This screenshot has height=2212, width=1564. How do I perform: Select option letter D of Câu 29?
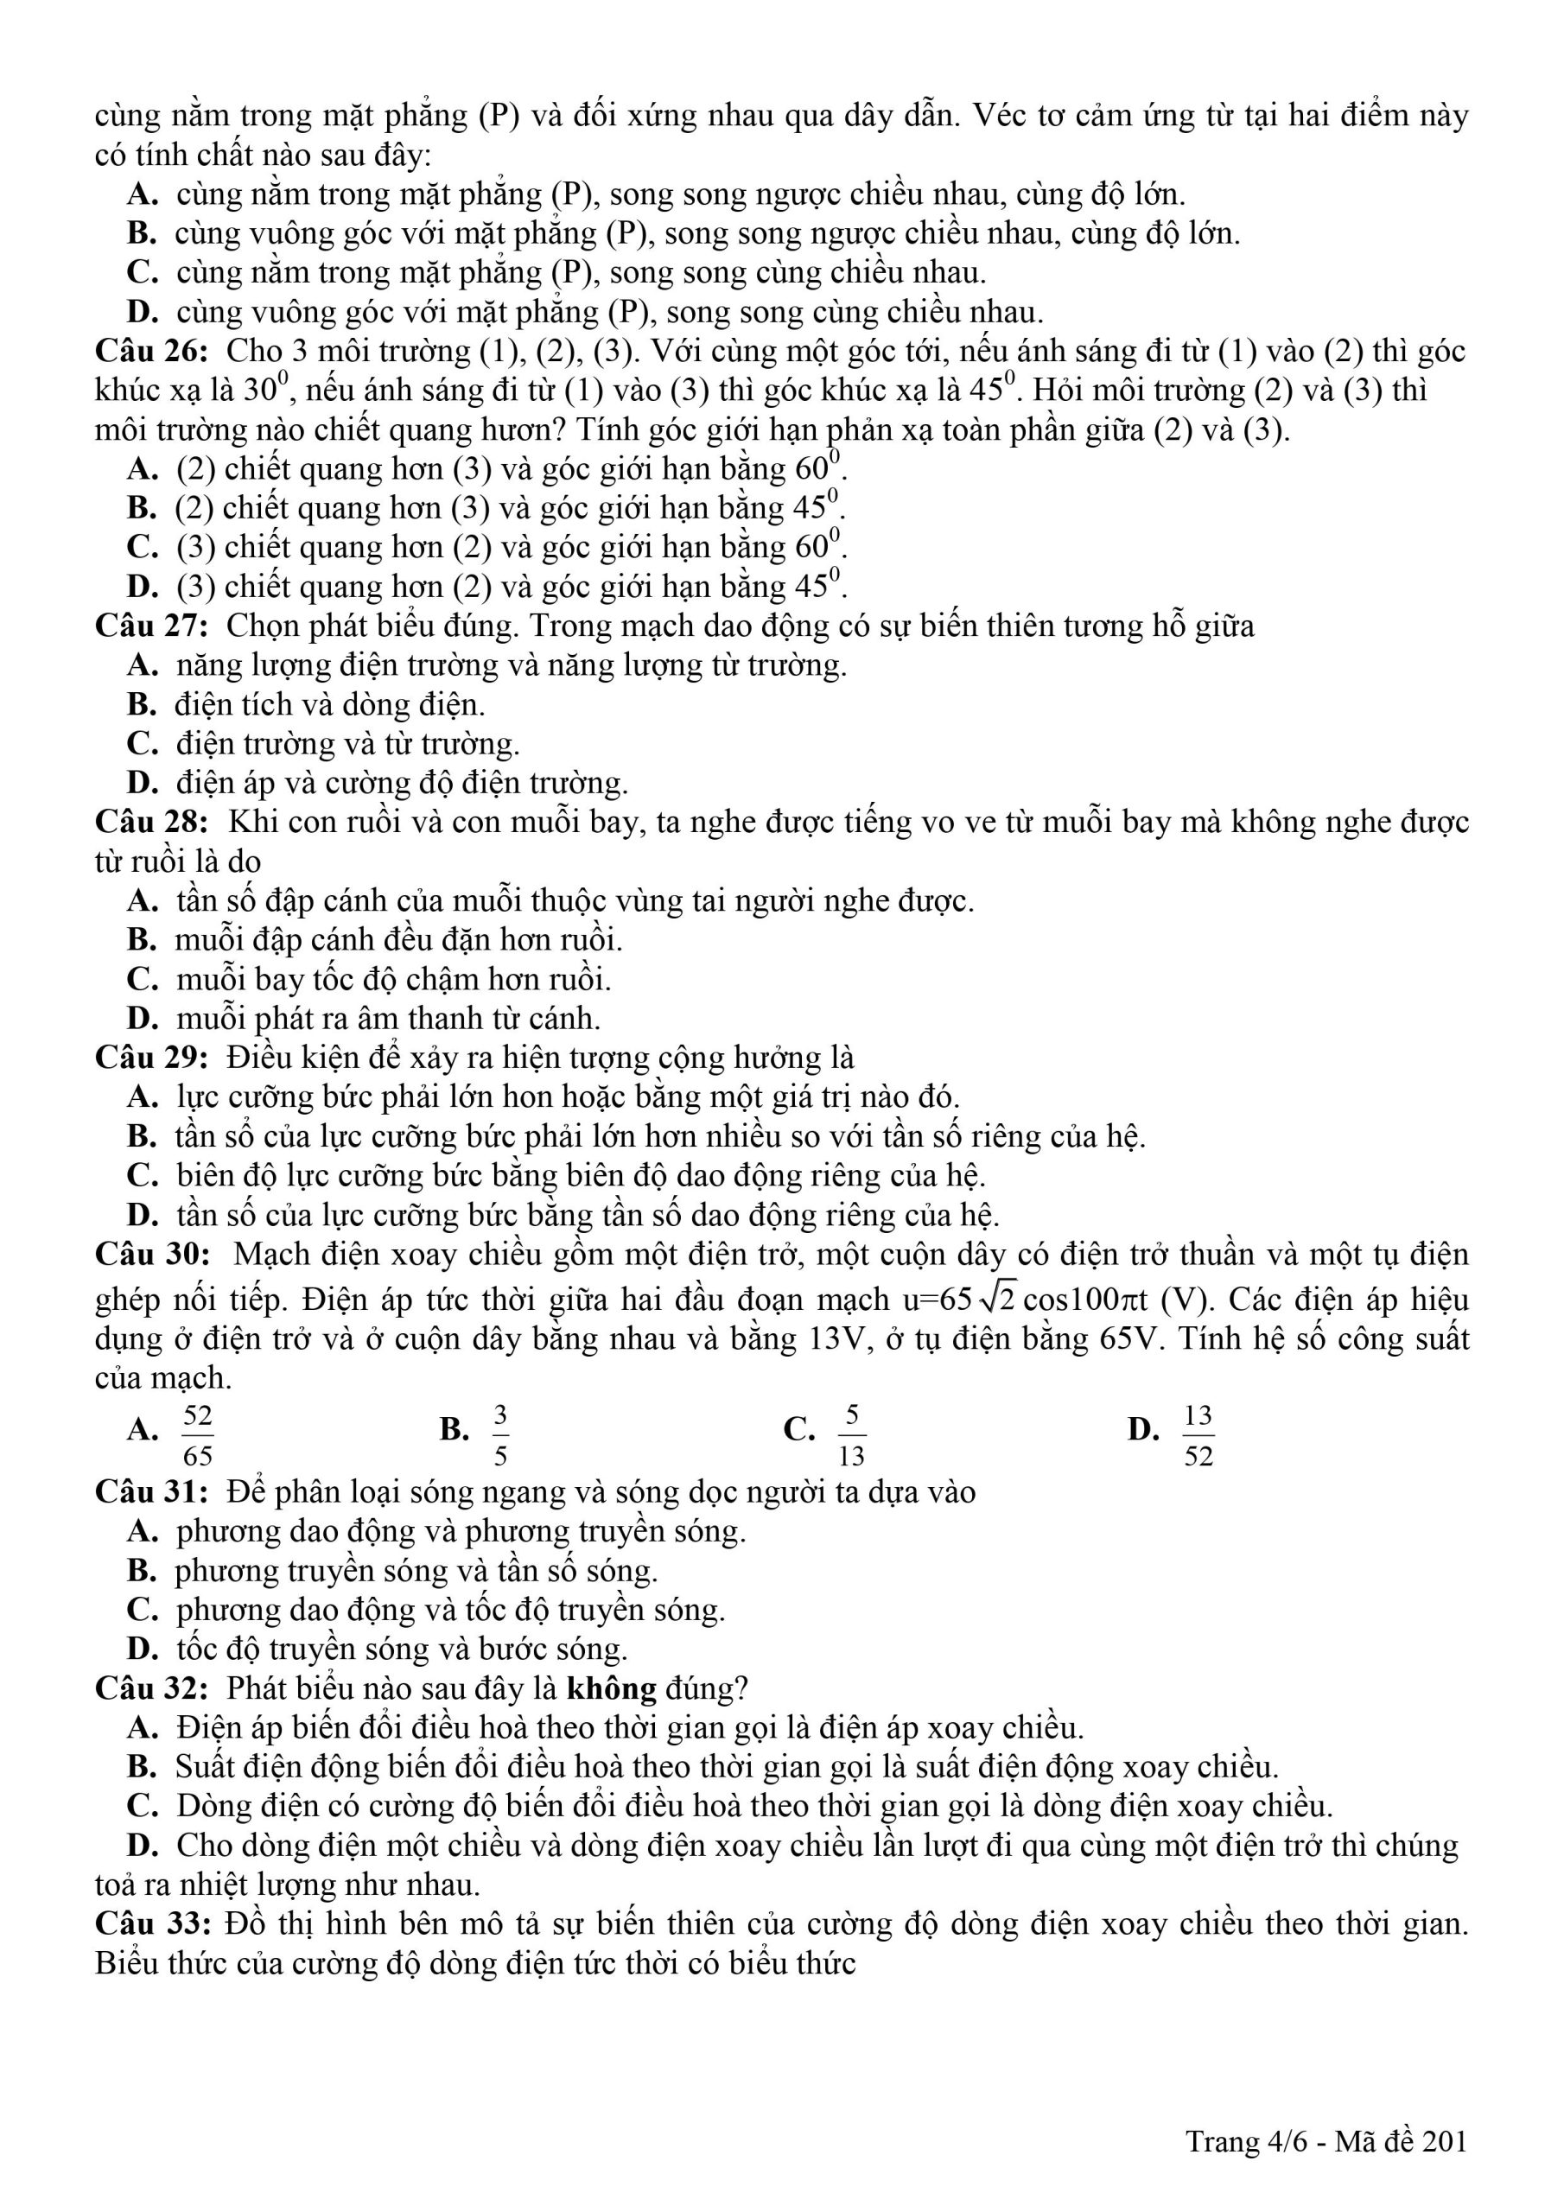(141, 1216)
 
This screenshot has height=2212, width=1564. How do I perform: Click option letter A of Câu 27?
(141, 665)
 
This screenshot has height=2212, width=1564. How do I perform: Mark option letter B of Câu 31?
(141, 1572)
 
